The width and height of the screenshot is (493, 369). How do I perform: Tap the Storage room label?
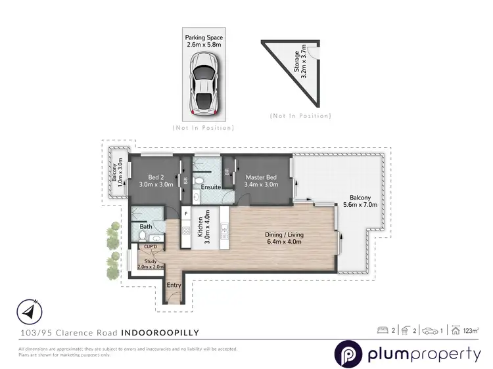tap(300, 59)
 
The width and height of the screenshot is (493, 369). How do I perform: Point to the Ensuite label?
tap(210, 187)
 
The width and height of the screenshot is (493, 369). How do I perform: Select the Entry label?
tap(174, 285)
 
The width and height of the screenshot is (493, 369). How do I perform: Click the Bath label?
tap(145, 227)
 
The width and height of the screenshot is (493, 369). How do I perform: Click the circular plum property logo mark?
tap(347, 355)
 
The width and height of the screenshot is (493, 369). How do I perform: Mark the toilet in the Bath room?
tap(141, 236)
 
